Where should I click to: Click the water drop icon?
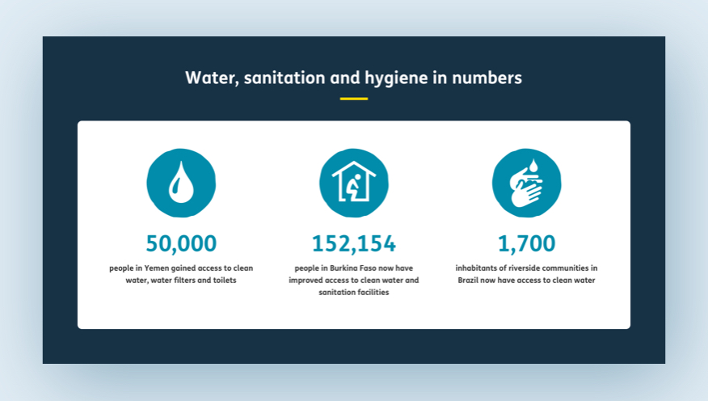pos(181,183)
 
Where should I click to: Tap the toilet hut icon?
pos(354,183)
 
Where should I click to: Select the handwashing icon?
pos(526,183)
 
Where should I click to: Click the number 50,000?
pos(181,243)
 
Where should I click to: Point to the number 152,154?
pos(354,243)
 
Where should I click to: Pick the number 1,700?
pos(526,243)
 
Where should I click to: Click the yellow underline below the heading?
pos(354,99)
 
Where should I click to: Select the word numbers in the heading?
pos(487,78)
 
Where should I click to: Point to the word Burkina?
pos(343,268)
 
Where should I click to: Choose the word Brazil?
pos(468,280)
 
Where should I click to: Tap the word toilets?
pos(225,280)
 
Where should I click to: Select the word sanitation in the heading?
pos(284,78)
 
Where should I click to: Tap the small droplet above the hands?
pos(533,166)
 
